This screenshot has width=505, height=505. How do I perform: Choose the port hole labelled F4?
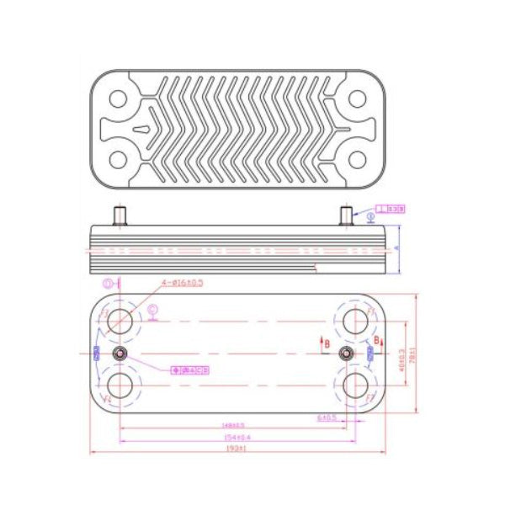[124, 384]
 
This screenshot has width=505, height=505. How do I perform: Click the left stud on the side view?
[120, 215]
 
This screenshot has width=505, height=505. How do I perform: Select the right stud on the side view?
[344, 215]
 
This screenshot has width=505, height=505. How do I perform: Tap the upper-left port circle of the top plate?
[119, 98]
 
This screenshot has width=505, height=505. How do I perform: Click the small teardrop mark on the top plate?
[144, 130]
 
